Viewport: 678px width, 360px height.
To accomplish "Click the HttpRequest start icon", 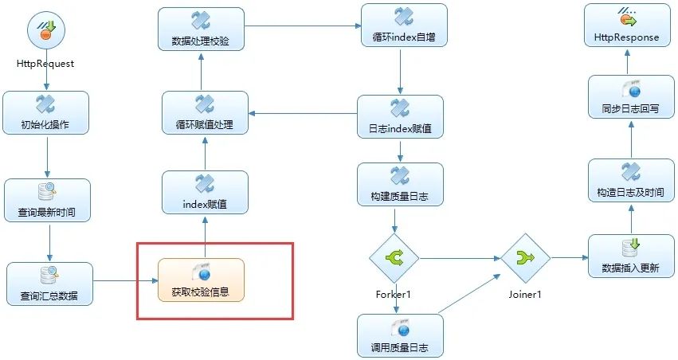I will [45, 32].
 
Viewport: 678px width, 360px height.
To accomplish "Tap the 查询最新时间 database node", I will [48, 200].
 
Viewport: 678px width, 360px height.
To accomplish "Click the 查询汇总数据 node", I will [50, 284].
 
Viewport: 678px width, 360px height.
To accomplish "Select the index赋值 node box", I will [205, 193].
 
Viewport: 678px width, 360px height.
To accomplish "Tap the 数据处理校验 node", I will [201, 29].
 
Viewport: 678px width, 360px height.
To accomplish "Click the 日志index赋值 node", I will [400, 116].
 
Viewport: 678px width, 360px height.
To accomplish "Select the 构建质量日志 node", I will [400, 184].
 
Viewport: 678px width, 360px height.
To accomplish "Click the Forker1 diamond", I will [394, 258].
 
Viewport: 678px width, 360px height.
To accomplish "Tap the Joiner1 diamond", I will [525, 258].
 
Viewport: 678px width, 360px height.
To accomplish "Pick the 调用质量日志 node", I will [400, 335].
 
